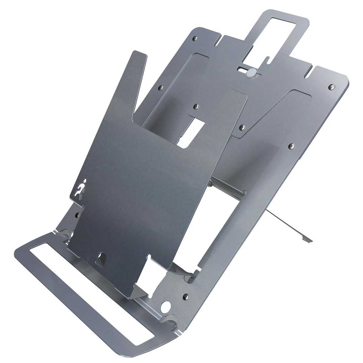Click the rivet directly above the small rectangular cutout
[196, 106]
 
